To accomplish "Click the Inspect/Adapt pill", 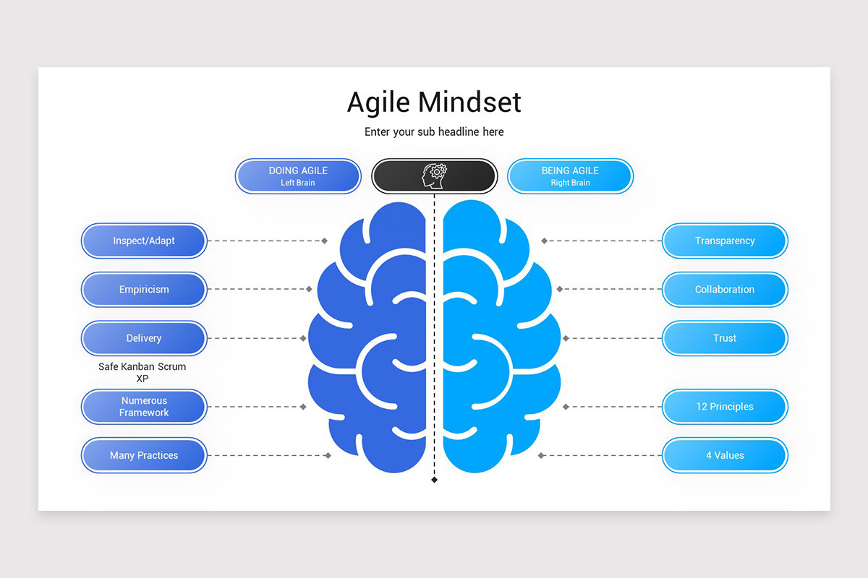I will (x=144, y=241).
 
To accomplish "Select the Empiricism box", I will (x=144, y=290).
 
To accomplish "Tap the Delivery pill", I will (x=144, y=338).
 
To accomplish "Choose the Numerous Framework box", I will (x=144, y=407).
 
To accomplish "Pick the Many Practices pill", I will (x=144, y=455).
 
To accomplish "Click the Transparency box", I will (x=725, y=241).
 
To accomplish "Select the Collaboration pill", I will (x=725, y=290).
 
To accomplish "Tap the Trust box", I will (x=725, y=338).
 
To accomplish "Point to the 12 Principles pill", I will (x=725, y=407).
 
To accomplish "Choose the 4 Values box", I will (x=725, y=455).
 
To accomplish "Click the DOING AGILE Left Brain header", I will (x=298, y=176).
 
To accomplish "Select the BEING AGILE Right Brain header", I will (x=570, y=176).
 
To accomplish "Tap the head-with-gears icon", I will (x=434, y=176).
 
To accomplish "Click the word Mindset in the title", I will (x=469, y=102).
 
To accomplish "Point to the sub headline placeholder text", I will (x=434, y=132).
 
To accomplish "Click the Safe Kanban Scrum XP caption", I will (x=142, y=372).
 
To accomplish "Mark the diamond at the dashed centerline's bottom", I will (x=434, y=480).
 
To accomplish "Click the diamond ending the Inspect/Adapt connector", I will (x=325, y=241).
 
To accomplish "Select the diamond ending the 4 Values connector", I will (x=541, y=455).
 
